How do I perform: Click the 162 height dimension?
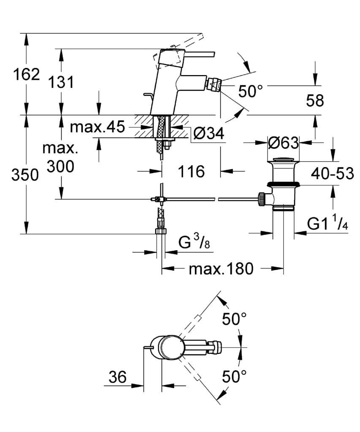26,75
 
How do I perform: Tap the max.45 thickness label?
97,127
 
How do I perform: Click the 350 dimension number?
25,174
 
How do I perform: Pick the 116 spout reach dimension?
191,171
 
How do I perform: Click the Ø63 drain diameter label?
283,143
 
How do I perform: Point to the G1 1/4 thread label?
328,224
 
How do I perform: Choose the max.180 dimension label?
221,268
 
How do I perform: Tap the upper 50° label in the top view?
235,319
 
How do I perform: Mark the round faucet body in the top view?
171,347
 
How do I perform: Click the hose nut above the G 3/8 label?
162,231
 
